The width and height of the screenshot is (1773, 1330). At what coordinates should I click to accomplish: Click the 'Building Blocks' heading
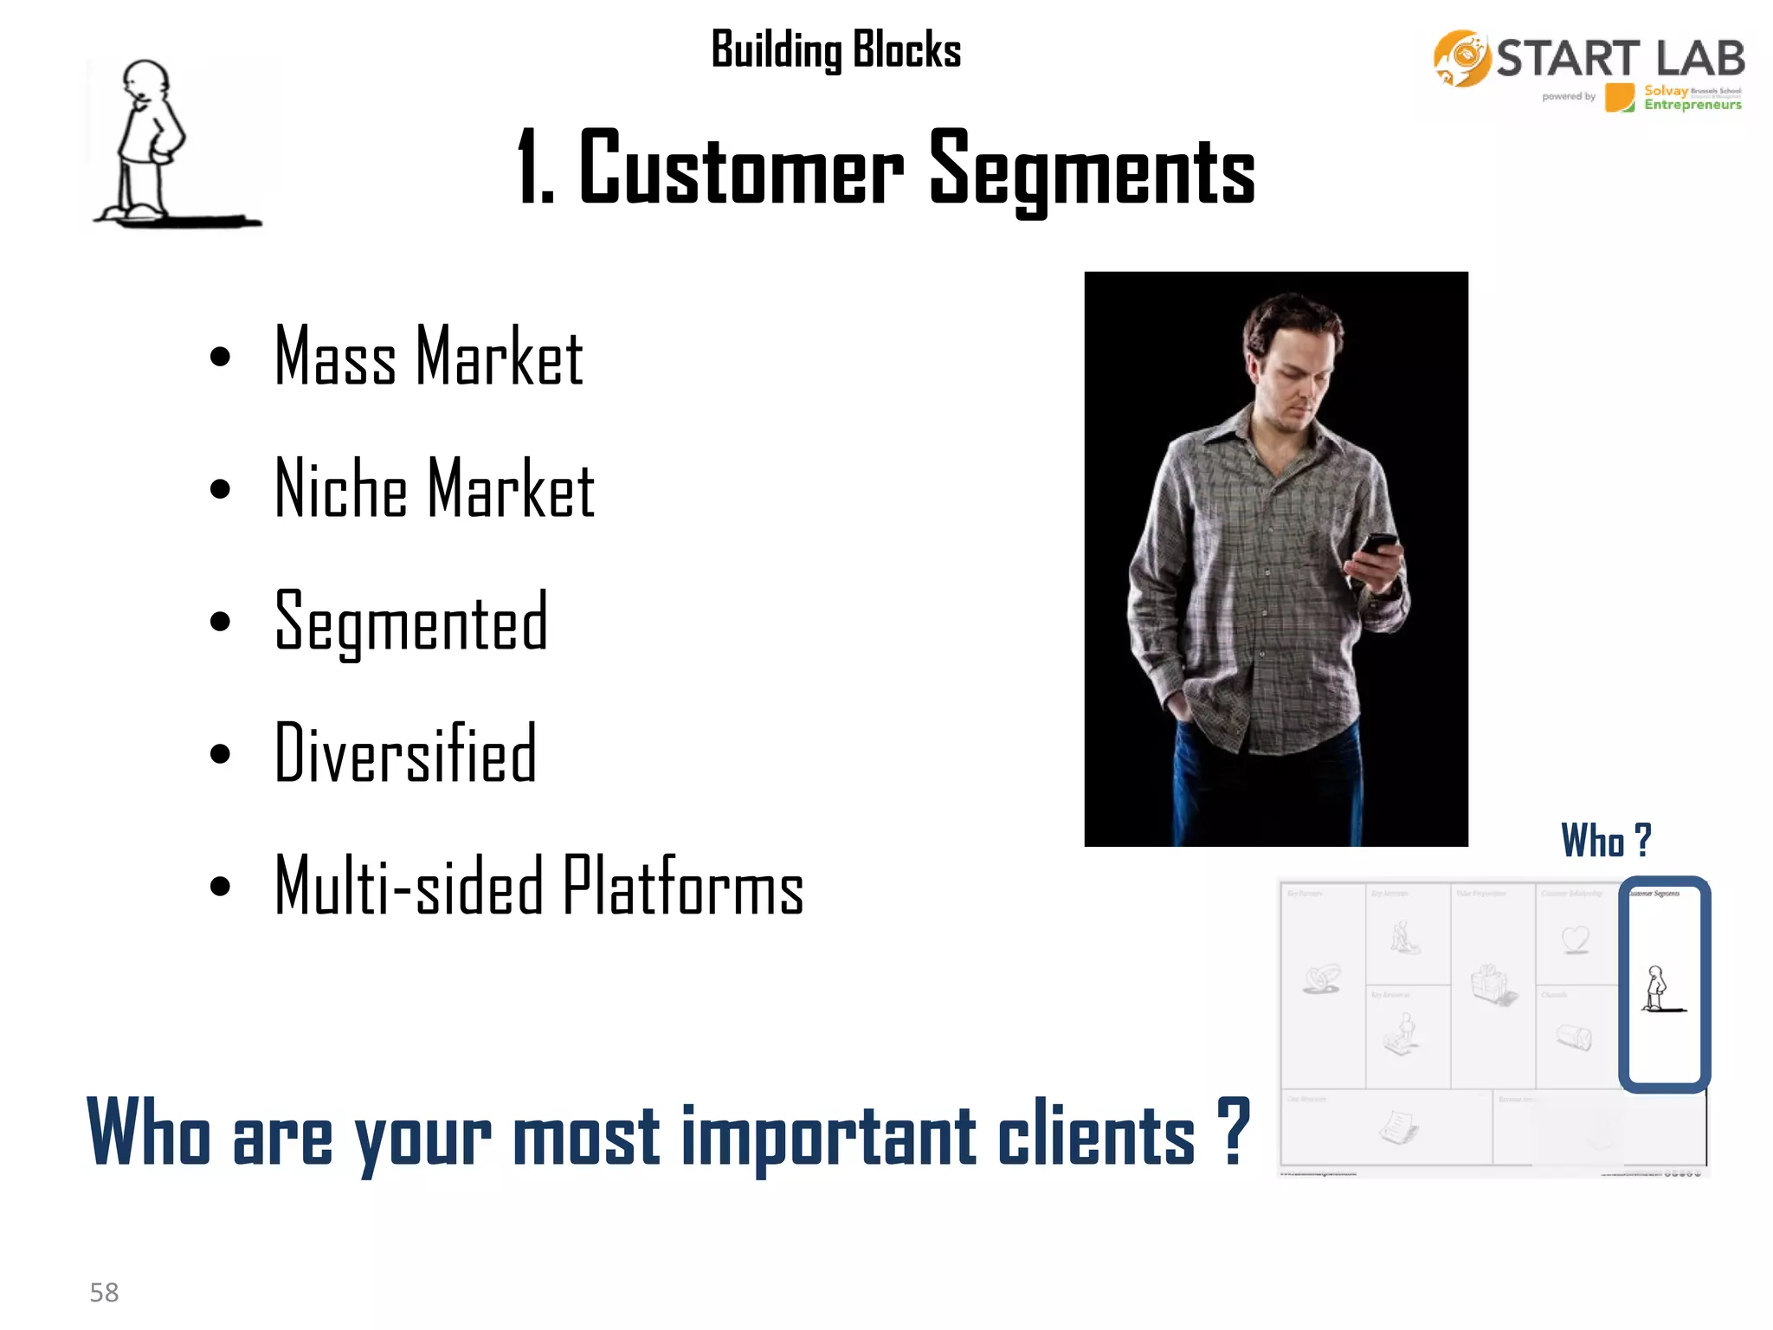click(835, 49)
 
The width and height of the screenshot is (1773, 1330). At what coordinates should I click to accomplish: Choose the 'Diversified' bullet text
click(405, 753)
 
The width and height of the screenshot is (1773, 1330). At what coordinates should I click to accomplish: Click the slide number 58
click(104, 1292)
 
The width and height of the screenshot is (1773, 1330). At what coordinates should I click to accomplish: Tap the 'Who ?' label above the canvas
click(1606, 840)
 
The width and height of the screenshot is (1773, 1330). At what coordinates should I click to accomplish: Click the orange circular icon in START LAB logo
click(1461, 59)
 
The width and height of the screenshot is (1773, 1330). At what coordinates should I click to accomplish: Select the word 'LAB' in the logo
click(1700, 59)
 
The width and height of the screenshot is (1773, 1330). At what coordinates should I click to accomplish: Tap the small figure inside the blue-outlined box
click(1656, 988)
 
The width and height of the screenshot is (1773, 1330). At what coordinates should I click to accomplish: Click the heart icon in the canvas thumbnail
click(1576, 939)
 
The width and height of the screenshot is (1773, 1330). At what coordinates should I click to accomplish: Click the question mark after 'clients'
click(1234, 1130)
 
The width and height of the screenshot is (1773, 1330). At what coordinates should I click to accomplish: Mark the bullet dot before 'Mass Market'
click(220, 357)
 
